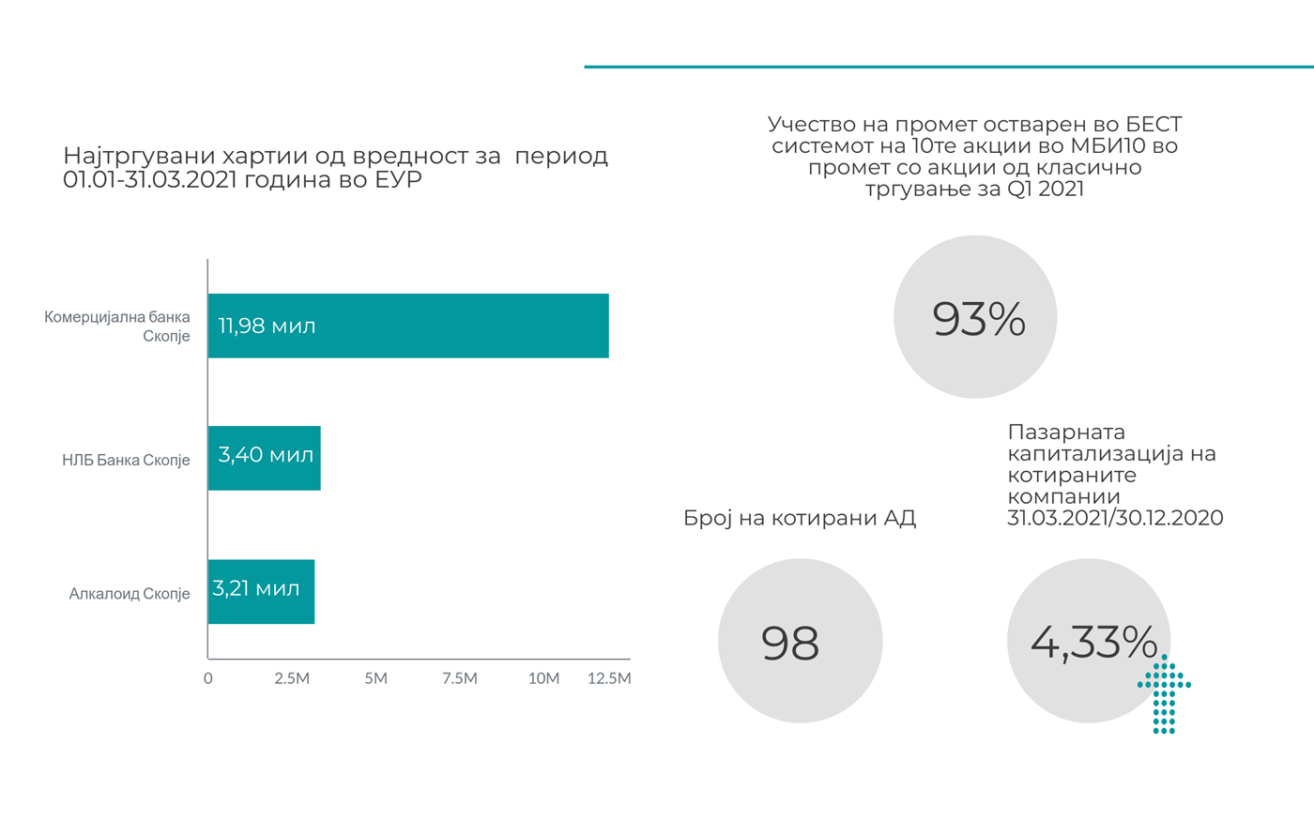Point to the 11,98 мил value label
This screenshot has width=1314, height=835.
click(267, 326)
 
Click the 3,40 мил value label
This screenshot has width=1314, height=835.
click(266, 455)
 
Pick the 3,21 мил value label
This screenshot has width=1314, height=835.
click(256, 588)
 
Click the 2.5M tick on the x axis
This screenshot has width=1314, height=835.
click(292, 678)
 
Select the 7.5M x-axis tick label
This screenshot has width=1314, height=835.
click(460, 678)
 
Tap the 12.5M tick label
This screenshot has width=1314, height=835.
click(609, 678)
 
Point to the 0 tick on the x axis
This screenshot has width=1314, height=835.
click(208, 678)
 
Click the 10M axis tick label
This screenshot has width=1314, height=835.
click(543, 678)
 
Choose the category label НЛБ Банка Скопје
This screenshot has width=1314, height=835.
click(126, 460)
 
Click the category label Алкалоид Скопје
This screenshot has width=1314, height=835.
click(130, 593)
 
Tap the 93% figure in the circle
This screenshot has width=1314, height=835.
click(978, 319)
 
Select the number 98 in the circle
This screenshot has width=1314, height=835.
click(790, 643)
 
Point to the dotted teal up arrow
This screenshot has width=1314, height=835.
click(1164, 694)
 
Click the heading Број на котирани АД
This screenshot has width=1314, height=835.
click(800, 518)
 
